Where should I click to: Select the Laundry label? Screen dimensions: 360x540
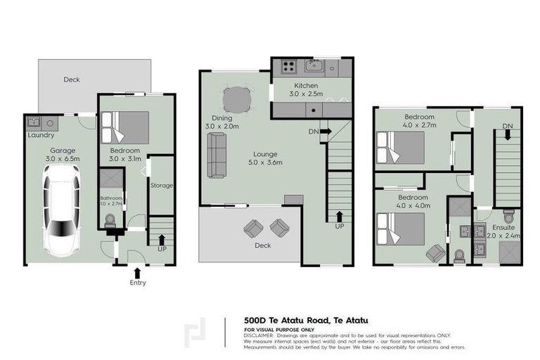point(41,135)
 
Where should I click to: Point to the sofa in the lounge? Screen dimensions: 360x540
point(217,155)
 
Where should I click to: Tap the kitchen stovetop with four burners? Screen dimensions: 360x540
point(288,67)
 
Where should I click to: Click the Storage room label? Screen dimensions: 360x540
point(162,186)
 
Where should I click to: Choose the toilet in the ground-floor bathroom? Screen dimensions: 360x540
point(110,221)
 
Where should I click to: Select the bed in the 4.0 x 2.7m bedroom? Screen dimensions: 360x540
point(400,148)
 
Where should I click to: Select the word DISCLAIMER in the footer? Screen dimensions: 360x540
point(259,335)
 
